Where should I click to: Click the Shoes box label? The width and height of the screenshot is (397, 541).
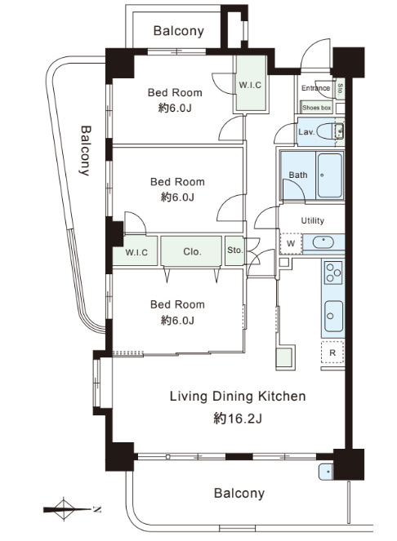point(316,108)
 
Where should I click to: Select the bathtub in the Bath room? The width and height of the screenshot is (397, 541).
point(330,175)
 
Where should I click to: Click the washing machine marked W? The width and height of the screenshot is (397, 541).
point(291,244)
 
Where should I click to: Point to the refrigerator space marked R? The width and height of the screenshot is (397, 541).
point(332,353)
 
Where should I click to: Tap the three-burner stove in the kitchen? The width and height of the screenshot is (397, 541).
point(333,272)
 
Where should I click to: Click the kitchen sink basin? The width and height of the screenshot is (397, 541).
point(334,316)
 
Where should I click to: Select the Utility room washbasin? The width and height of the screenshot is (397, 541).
point(323,242)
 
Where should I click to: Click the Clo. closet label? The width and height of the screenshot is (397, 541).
point(192,251)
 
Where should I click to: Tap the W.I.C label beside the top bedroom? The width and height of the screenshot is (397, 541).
point(250,85)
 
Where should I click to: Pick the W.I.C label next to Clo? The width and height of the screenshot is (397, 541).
point(136,252)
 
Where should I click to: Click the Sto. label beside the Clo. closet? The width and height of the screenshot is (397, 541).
point(235,250)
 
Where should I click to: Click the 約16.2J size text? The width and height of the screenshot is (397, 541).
point(238,419)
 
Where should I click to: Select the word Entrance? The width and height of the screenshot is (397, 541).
point(315,88)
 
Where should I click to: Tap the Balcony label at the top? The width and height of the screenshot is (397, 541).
point(179,31)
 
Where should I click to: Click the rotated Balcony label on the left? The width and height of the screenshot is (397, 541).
point(85,150)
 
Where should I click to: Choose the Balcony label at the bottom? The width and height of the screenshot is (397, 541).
point(239,493)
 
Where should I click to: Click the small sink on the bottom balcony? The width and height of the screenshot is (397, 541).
point(325,472)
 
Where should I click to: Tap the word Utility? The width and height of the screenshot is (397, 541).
point(312,220)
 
